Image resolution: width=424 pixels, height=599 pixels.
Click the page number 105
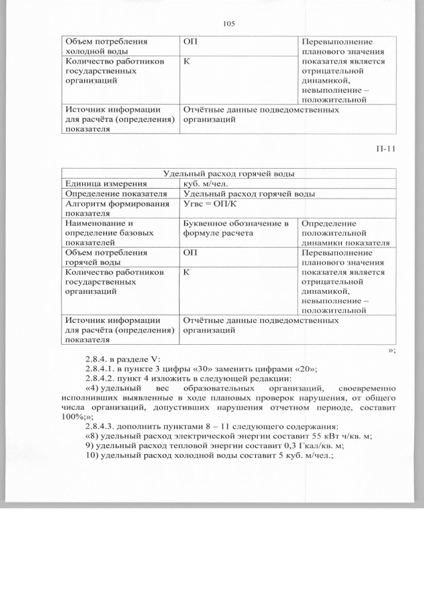coord(229,24)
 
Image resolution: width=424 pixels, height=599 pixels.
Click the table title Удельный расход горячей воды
coord(229,173)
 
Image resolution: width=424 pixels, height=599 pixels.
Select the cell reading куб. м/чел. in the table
coord(207,183)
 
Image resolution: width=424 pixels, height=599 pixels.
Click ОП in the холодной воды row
coord(190,41)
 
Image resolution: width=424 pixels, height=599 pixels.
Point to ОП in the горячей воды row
coord(190,252)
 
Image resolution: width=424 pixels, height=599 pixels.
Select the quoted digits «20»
coord(304,369)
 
